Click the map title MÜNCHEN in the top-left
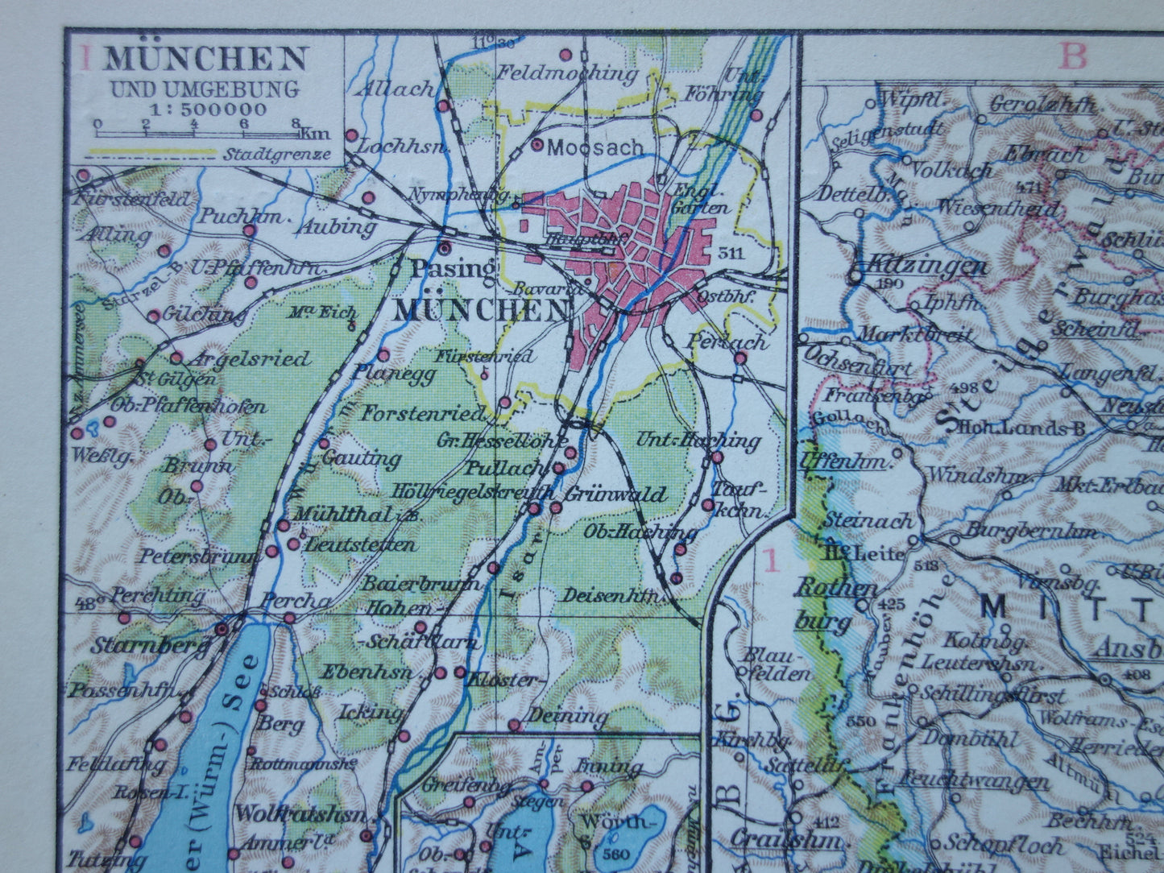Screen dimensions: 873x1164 (x=206, y=60)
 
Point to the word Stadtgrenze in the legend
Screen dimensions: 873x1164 (x=278, y=153)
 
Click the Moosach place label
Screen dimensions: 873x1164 (x=595, y=147)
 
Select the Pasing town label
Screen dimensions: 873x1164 (x=453, y=269)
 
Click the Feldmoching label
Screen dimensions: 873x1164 (x=567, y=74)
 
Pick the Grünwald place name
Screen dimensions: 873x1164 (x=616, y=494)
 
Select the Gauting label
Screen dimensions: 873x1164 (x=362, y=459)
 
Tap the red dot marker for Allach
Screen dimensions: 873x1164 (x=443, y=106)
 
